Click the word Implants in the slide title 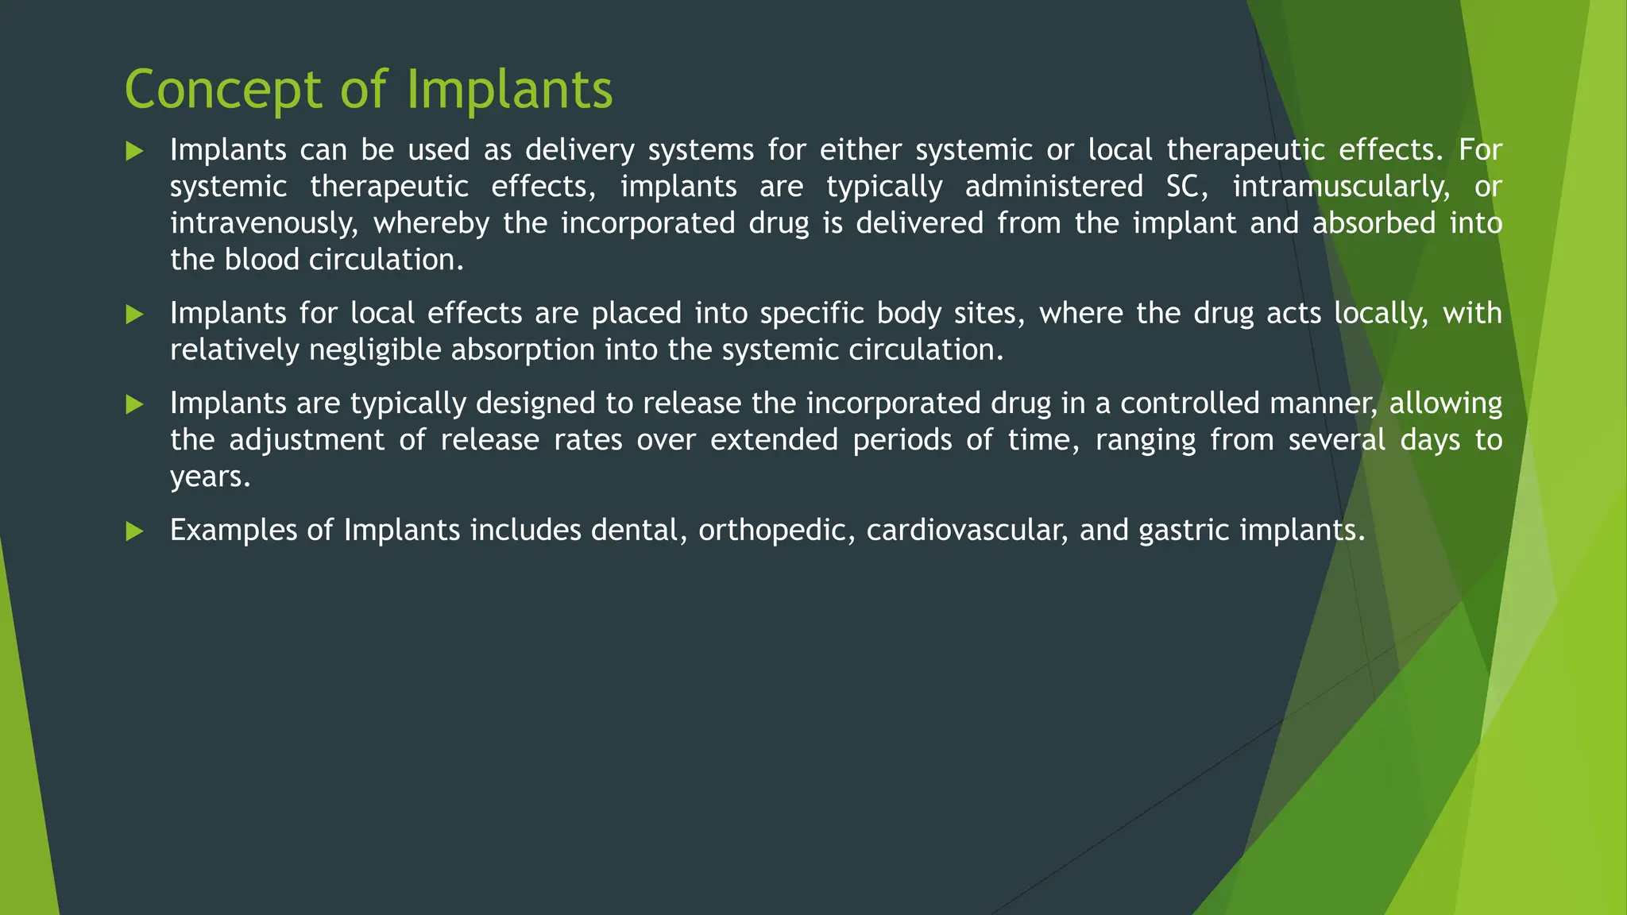(x=509, y=90)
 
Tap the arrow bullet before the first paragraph (x=135, y=151)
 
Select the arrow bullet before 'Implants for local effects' (x=135, y=315)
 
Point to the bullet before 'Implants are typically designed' (x=135, y=405)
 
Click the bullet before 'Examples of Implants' (x=135, y=531)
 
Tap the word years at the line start (x=210, y=477)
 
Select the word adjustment (x=307, y=440)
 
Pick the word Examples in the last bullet (x=234, y=531)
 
